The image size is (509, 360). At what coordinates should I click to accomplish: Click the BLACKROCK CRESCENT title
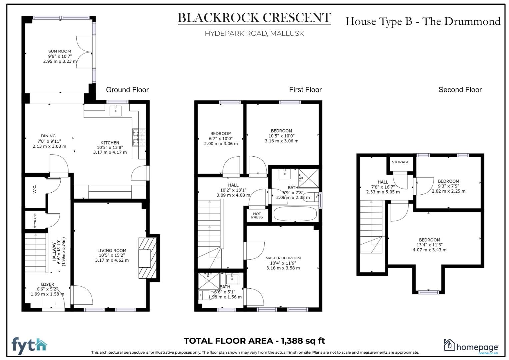tap(254, 18)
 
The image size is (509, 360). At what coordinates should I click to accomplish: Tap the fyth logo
tap(29, 346)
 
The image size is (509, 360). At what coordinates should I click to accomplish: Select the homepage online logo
tap(471, 347)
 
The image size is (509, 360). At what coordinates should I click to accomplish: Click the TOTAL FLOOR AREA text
tap(254, 341)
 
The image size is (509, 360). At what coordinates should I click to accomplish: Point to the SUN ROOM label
tap(60, 51)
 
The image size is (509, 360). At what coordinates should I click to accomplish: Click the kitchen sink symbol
tap(116, 110)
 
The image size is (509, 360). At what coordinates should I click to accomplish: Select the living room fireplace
tap(147, 258)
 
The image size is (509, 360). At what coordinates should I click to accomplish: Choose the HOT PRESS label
tap(257, 216)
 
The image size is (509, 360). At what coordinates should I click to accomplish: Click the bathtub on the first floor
tap(295, 214)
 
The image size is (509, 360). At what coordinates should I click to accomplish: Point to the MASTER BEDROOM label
tap(283, 258)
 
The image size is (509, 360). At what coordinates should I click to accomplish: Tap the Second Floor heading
tap(460, 90)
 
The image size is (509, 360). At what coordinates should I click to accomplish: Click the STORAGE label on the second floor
tap(400, 162)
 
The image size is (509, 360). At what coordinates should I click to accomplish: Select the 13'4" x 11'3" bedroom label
tap(429, 245)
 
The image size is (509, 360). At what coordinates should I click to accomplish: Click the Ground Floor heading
tap(127, 90)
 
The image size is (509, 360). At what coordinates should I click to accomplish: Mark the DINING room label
tap(48, 136)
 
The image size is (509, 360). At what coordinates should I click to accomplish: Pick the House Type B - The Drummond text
tap(423, 21)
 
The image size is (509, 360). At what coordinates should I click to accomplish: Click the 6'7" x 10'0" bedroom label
tap(221, 138)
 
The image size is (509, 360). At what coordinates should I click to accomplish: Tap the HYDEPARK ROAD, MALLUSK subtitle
tap(254, 33)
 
